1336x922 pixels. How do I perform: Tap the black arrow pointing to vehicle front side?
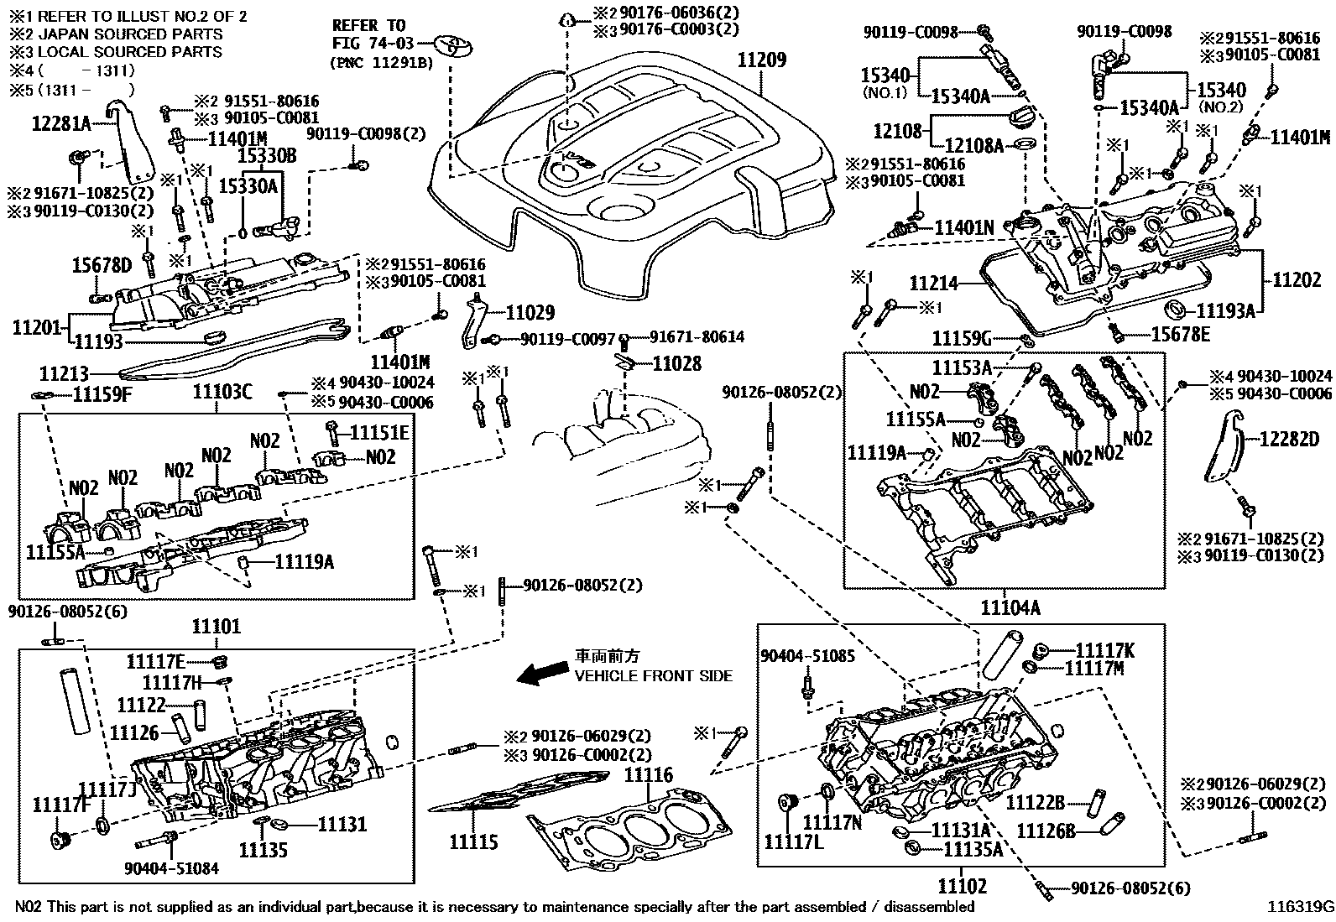click(541, 673)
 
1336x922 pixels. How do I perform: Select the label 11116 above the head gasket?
click(648, 775)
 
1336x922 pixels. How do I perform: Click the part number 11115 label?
click(473, 841)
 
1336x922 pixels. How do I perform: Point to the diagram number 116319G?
click(1300, 907)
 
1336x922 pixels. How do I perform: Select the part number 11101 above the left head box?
click(216, 626)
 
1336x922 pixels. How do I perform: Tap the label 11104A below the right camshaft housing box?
click(1004, 607)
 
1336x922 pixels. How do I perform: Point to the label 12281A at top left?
click(60, 124)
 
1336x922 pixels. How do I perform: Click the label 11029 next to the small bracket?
click(530, 313)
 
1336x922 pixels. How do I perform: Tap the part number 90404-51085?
click(807, 656)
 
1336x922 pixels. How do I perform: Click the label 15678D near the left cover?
click(102, 266)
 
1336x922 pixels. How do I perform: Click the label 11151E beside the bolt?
click(378, 432)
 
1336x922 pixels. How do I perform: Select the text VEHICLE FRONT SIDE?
click(652, 675)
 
